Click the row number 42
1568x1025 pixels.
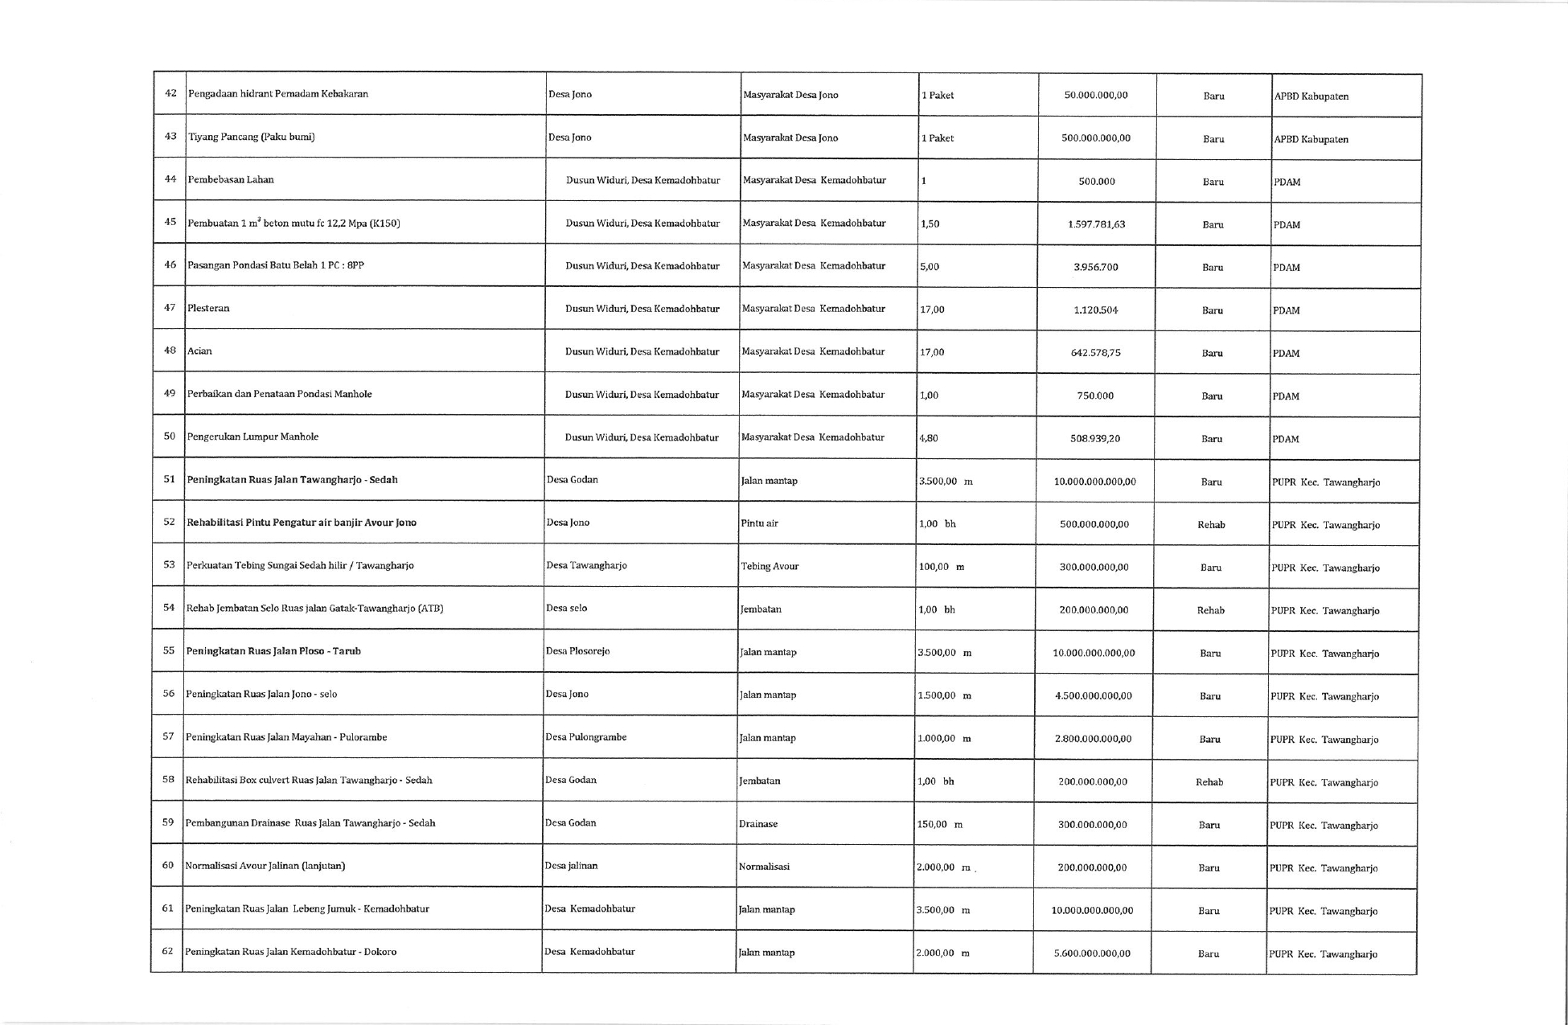(x=170, y=93)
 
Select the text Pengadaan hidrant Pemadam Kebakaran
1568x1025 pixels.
(x=278, y=94)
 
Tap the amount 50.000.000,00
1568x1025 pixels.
(x=1096, y=95)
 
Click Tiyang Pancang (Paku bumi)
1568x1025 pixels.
(x=252, y=137)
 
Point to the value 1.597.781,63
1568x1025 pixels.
(x=1097, y=224)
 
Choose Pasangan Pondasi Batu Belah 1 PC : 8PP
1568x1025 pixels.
(x=276, y=265)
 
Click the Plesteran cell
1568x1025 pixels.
(x=208, y=308)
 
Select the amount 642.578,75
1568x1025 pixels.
(x=1096, y=353)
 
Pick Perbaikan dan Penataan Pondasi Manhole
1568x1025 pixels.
(x=280, y=394)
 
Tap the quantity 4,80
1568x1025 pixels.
(x=929, y=438)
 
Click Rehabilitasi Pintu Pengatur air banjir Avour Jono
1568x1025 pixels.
(x=302, y=523)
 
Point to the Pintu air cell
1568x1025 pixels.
(x=759, y=523)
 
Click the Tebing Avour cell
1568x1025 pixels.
(x=770, y=566)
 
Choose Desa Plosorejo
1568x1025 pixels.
(x=577, y=651)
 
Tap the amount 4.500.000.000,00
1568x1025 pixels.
(x=1094, y=696)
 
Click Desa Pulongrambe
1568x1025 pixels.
(x=585, y=737)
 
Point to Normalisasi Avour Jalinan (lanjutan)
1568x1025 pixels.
(x=265, y=866)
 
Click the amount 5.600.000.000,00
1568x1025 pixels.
(x=1092, y=953)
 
